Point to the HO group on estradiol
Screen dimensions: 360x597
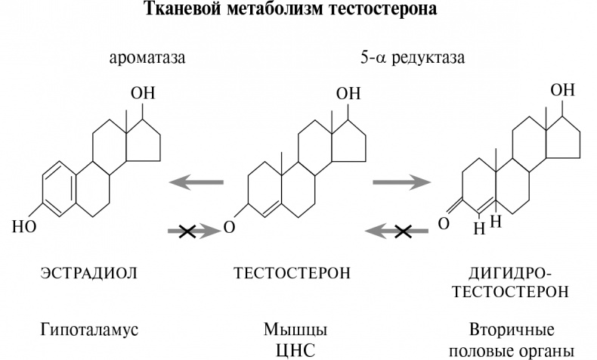pos(24,225)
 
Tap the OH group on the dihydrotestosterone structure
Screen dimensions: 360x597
pos(561,90)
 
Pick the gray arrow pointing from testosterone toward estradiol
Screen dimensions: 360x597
pos(196,182)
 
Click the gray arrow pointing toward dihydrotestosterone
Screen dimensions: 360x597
pos(401,182)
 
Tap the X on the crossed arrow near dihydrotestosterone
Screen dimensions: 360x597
pos(403,232)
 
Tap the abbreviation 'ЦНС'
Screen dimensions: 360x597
pos(294,350)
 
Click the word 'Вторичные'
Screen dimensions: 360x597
pos(512,331)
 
